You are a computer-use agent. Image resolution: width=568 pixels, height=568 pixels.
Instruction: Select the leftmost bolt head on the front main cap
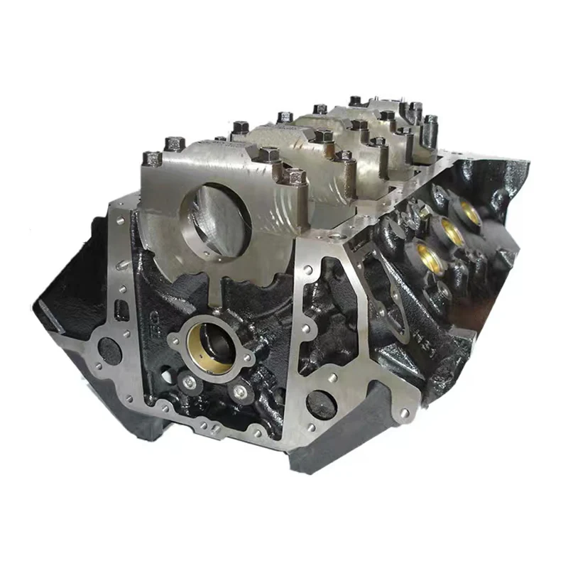[x=151, y=158]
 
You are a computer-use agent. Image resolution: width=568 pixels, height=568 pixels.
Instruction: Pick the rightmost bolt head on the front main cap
[x=295, y=175]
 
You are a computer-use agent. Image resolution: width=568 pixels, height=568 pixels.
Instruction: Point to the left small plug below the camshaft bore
[x=189, y=383]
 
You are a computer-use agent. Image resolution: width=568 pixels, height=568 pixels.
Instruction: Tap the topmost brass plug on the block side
[x=469, y=209]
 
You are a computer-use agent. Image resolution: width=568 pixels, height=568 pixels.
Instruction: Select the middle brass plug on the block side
[x=449, y=230]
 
